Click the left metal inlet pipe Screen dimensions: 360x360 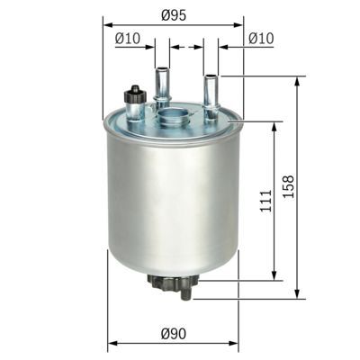pos(163,85)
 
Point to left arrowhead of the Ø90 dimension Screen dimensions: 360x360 pos(112,344)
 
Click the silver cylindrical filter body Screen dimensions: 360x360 pos(171,198)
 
